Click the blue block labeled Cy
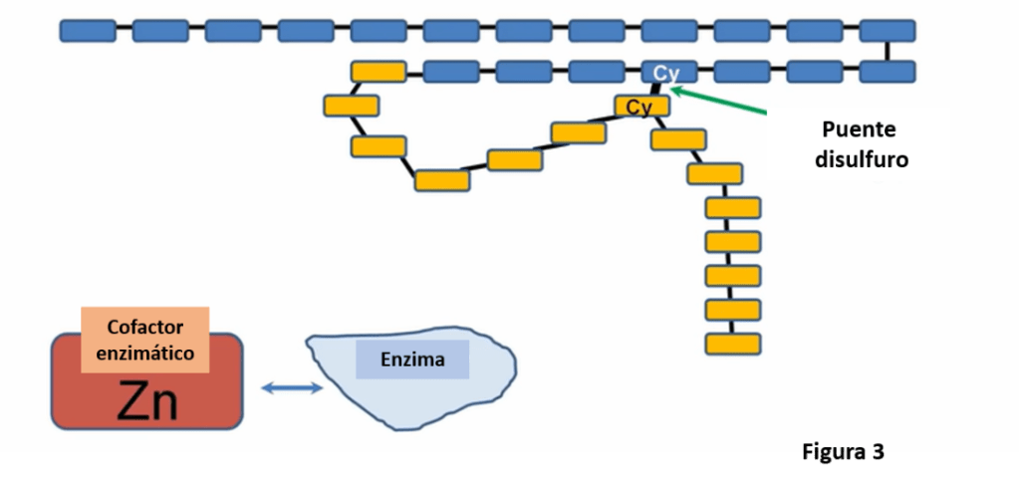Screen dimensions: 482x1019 667,72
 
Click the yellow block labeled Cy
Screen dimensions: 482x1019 640,106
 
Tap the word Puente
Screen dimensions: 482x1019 859,129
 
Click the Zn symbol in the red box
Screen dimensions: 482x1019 146,401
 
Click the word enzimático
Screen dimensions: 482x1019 145,352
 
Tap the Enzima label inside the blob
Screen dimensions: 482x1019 412,359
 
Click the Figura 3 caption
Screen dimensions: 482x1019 843,453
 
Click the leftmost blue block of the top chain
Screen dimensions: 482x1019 88,31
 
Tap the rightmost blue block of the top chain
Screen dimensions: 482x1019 887,31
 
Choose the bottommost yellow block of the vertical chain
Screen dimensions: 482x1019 733,344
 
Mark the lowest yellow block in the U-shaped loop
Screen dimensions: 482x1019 442,180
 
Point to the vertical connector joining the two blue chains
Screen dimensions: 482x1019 887,51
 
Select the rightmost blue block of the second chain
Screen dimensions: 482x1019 887,72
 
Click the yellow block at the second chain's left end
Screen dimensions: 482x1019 379,72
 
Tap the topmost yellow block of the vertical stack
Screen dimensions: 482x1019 733,208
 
